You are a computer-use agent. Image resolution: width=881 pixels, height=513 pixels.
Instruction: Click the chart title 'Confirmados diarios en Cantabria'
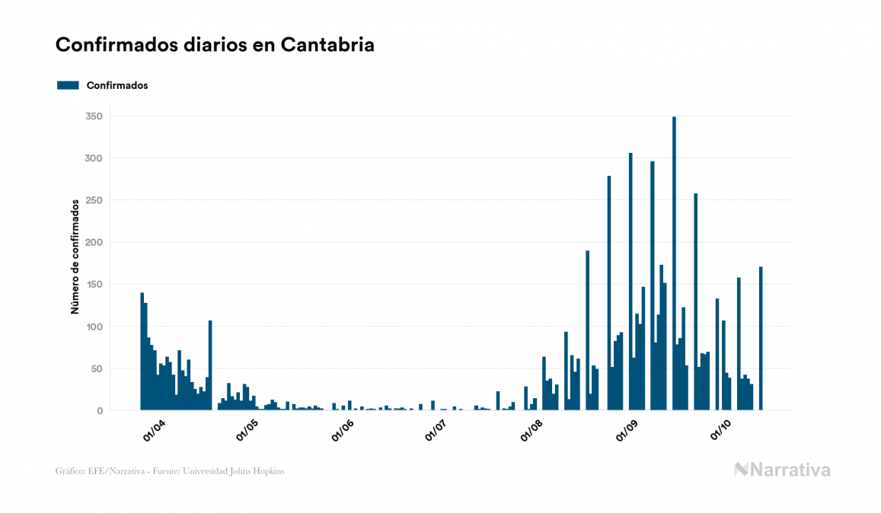215,45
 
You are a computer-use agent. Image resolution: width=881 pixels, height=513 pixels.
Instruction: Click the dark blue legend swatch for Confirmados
68,85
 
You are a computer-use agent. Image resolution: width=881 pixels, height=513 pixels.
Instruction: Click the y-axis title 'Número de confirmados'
75,257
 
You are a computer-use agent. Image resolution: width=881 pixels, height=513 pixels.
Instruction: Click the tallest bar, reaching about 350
674,263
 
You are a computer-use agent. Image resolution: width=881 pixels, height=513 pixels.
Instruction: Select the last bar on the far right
761,339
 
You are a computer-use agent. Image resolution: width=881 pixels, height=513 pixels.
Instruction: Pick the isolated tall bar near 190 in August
587,330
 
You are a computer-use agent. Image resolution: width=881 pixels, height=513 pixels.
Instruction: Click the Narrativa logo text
790,470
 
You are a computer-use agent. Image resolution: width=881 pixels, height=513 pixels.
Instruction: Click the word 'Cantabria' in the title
327,45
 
